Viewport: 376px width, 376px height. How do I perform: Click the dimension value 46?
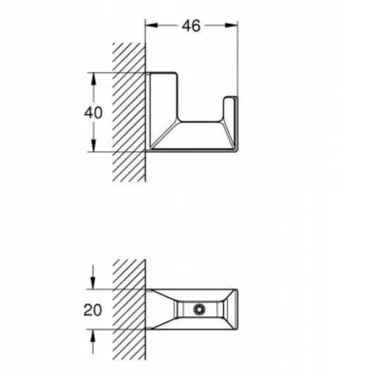point(191,26)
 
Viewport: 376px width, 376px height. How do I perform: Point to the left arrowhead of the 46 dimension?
point(149,26)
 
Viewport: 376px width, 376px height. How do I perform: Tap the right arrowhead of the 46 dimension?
point(233,26)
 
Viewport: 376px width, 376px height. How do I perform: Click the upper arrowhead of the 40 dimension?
point(92,77)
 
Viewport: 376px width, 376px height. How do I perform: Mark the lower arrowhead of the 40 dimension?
point(92,146)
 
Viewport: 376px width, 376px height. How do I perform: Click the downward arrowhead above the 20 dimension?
point(92,283)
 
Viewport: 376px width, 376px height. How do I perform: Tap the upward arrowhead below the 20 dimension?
point(92,334)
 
